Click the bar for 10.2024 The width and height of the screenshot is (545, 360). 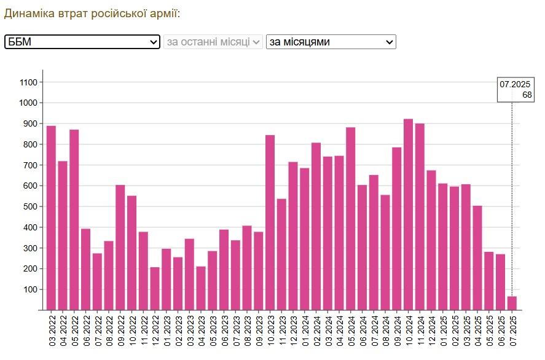pos(408,214)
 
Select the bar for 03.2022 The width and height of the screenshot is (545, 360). pos(51,218)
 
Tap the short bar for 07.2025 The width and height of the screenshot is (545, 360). pos(512,303)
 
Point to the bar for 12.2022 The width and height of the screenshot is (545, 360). pos(155,289)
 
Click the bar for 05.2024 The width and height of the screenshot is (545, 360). pos(351,219)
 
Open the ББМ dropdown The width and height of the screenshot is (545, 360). pos(82,42)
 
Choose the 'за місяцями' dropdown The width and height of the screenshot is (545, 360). pos(331,42)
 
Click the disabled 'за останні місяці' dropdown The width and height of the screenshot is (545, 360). pos(213,42)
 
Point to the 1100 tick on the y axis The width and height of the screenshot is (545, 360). pos(29,82)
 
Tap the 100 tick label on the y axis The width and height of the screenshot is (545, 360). pos(31,289)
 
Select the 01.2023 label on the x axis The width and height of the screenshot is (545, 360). pos(167,331)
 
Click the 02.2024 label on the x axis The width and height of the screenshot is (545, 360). pos(316,331)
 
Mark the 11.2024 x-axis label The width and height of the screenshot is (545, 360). pos(420,331)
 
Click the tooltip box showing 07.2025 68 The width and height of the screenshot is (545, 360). pos(516,90)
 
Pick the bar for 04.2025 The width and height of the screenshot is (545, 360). pos(477,258)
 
